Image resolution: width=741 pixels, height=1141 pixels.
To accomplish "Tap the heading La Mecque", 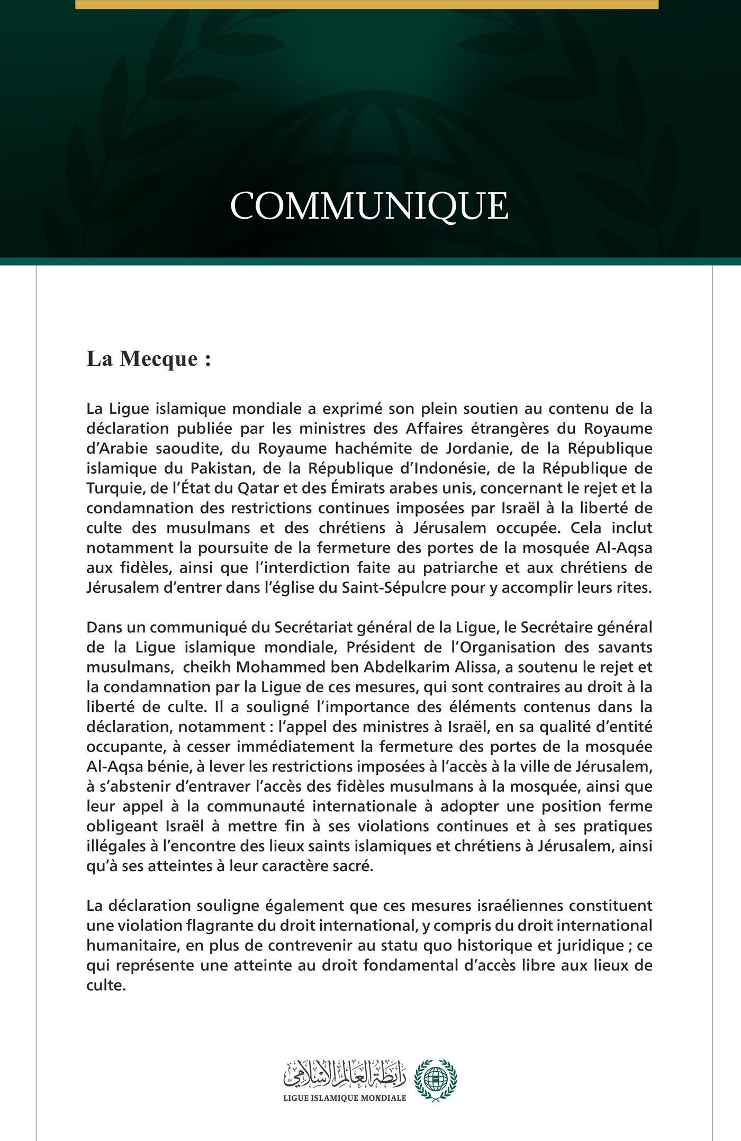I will click(x=149, y=359).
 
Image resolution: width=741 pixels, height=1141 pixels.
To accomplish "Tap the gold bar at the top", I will click(x=367, y=4).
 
